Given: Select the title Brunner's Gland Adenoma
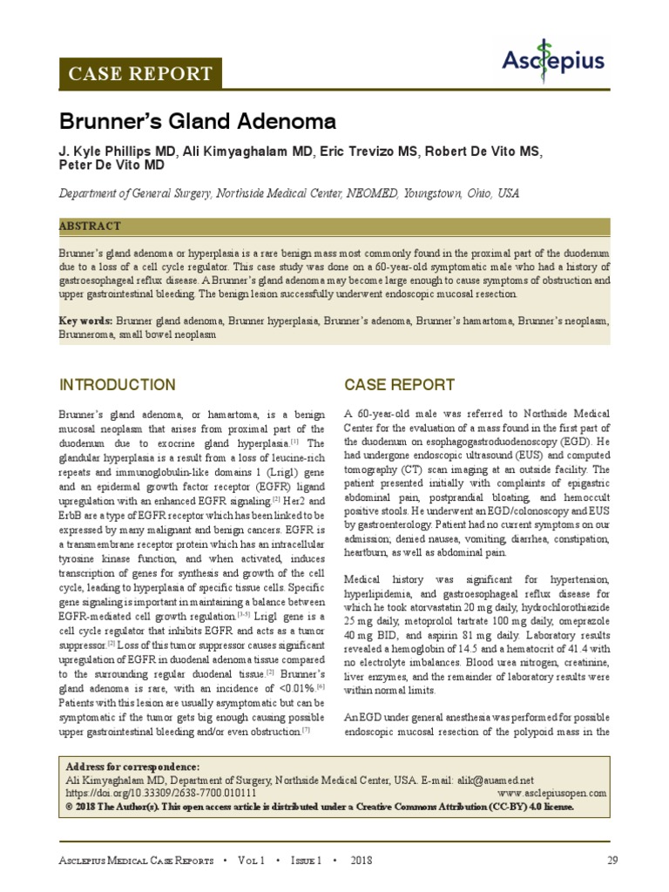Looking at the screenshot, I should tap(197, 121).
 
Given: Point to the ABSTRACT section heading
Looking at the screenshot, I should tap(90, 226).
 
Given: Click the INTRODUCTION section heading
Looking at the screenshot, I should tap(117, 385).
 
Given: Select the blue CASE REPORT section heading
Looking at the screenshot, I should tap(399, 385).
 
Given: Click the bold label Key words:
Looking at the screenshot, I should tap(85, 321).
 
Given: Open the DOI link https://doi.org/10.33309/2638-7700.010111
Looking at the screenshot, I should tap(161, 794).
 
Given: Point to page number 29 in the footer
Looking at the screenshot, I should tap(612, 861).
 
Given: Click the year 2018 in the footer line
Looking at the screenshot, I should tap(362, 861).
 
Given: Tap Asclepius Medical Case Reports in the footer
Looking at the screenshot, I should tap(136, 861).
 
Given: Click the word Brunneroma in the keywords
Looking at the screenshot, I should tap(90, 334).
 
